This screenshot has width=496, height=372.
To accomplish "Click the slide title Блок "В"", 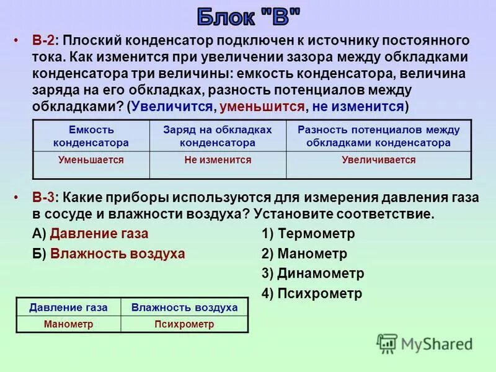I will pos(248,17).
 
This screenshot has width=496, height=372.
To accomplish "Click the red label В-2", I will pos(43,41).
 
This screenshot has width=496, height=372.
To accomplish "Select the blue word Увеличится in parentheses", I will pos(172,106).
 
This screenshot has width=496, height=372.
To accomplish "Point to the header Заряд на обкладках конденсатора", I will pos(218,136).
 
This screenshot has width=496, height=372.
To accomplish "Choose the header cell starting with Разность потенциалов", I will pos(378,136).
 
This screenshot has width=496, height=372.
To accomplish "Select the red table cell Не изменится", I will pos(218,160).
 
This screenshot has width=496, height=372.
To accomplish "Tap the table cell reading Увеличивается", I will pos(378,160).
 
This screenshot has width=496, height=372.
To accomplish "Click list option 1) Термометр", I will pos(308,234).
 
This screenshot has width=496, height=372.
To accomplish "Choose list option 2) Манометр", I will pos(304,254).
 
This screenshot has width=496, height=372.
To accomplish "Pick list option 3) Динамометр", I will pos(312,273).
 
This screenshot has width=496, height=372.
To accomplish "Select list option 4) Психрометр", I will pos(312,293).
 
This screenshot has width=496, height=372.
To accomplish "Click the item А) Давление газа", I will pos(91,234).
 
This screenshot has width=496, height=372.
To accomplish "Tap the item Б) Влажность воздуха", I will pos(108,254).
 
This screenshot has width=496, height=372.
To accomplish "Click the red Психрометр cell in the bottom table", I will pos(184,324).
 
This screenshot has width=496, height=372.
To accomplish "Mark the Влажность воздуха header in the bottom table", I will pos(184,308).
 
